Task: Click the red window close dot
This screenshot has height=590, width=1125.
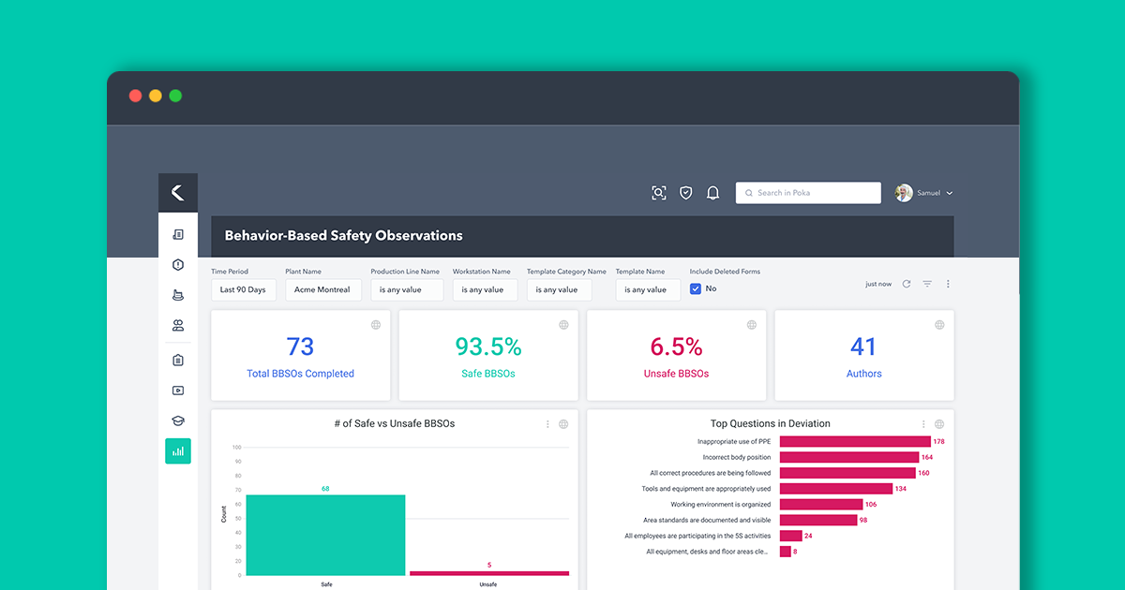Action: click(x=135, y=96)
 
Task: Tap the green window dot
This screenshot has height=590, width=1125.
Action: click(x=175, y=96)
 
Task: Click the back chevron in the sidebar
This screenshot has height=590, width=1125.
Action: click(x=177, y=193)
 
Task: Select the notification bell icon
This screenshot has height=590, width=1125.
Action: click(x=712, y=193)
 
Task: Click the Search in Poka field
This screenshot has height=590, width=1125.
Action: click(x=808, y=193)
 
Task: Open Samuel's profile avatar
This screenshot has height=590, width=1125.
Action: click(x=904, y=193)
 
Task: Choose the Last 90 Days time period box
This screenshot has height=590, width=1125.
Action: click(x=243, y=290)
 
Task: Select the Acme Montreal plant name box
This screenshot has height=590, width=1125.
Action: click(x=322, y=290)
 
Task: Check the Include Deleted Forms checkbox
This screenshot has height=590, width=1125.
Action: click(x=696, y=289)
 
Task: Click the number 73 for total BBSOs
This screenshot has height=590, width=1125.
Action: click(x=300, y=347)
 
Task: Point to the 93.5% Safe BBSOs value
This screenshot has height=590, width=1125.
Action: click(x=488, y=347)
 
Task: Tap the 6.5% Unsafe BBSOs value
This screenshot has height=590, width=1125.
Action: click(x=676, y=347)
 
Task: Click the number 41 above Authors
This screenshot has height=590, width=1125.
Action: click(x=863, y=347)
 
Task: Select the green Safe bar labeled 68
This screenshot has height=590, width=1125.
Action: click(x=325, y=535)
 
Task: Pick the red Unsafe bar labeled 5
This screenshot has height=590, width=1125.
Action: click(x=488, y=572)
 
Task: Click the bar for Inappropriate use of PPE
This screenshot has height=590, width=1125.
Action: click(x=854, y=441)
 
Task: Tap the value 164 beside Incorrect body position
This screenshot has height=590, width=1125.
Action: click(x=927, y=457)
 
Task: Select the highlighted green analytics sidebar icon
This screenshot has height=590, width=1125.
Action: click(x=177, y=451)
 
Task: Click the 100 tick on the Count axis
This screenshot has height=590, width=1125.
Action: click(x=237, y=448)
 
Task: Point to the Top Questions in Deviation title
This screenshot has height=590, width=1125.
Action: click(x=770, y=423)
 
